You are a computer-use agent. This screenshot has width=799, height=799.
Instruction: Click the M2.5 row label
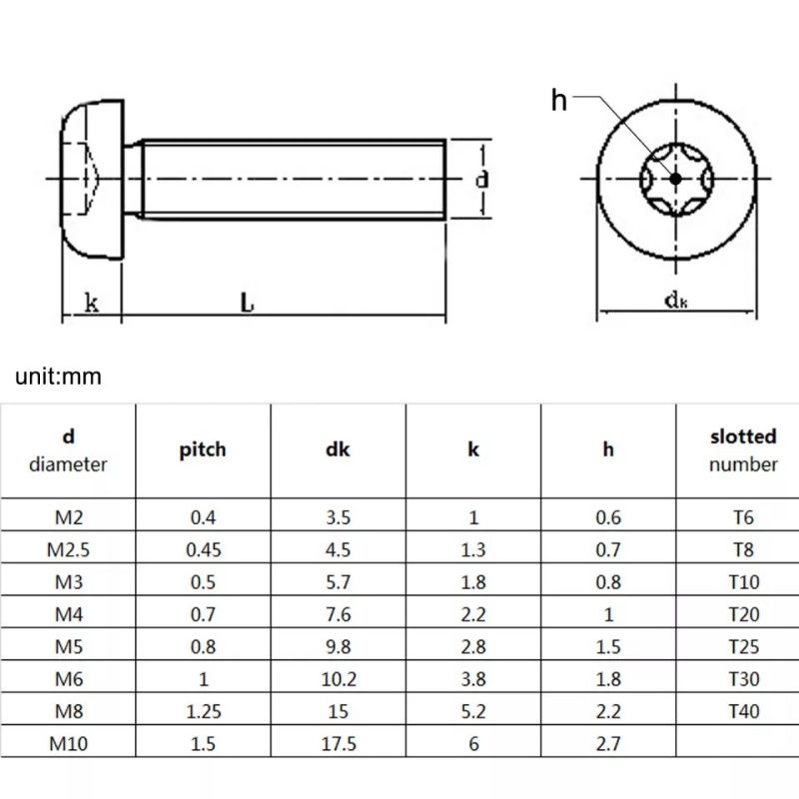68,550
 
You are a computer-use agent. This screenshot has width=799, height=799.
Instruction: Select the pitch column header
203,450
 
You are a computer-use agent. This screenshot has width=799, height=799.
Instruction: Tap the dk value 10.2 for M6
339,679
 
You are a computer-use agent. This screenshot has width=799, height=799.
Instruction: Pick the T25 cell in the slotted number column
743,646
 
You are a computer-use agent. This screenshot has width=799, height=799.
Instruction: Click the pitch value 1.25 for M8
204,711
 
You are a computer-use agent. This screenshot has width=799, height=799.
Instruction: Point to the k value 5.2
473,711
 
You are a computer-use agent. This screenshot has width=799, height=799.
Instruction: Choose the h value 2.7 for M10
608,743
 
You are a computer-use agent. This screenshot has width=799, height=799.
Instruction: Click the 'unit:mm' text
58,377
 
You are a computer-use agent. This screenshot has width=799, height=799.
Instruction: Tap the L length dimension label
247,303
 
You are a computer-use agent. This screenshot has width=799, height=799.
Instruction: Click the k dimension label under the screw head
92,303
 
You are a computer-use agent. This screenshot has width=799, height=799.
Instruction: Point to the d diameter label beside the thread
481,180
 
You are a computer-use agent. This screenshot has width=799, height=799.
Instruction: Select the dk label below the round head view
676,301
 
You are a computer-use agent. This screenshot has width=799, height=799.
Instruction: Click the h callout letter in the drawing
559,101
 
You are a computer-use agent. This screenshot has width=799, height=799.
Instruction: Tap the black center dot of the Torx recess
676,179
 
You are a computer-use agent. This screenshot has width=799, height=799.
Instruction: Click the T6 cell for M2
743,517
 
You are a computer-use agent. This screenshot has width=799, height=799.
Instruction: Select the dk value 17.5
339,743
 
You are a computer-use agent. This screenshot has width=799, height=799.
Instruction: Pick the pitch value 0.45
204,550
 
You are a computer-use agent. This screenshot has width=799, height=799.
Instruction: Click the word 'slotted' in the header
743,436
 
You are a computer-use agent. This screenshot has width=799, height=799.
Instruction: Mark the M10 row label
68,743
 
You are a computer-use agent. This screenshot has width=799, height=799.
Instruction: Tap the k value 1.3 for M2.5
473,550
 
